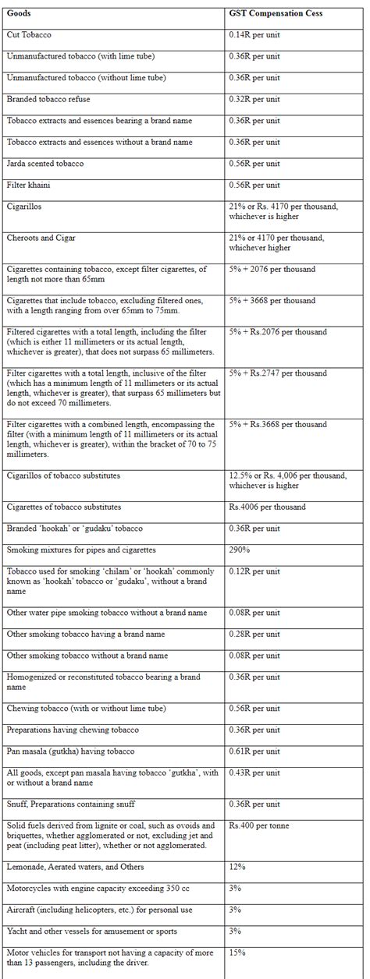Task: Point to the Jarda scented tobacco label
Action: point(44,164)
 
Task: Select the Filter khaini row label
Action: point(30,186)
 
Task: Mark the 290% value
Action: point(239,550)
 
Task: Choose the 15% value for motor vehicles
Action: point(237,952)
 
